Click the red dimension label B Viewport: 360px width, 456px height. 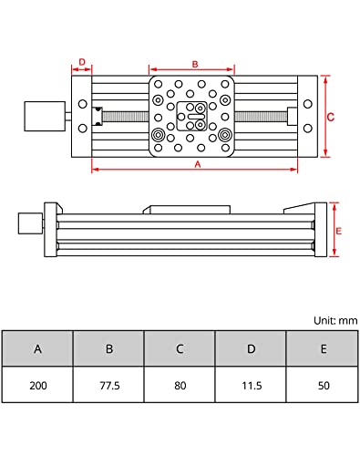click(193, 64)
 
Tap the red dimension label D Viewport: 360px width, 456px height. click(82, 63)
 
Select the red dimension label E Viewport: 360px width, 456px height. click(338, 231)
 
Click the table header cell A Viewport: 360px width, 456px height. click(37, 348)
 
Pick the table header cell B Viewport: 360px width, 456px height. click(108, 348)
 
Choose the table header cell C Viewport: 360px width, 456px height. click(180, 348)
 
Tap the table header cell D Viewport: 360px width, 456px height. click(251, 348)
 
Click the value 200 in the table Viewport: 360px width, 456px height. click(37, 385)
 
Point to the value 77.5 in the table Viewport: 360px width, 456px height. click(108, 385)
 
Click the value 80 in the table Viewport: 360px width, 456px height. click(180, 385)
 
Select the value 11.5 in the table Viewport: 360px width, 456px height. click(251, 385)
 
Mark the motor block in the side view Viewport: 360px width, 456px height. click(30, 223)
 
